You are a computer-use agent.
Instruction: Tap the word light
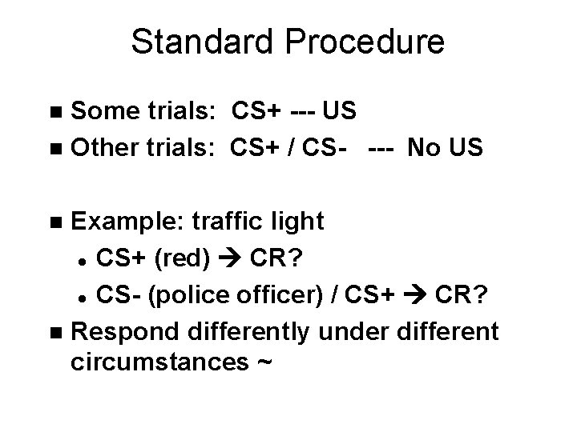(297, 221)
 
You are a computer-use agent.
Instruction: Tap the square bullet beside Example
(54, 222)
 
